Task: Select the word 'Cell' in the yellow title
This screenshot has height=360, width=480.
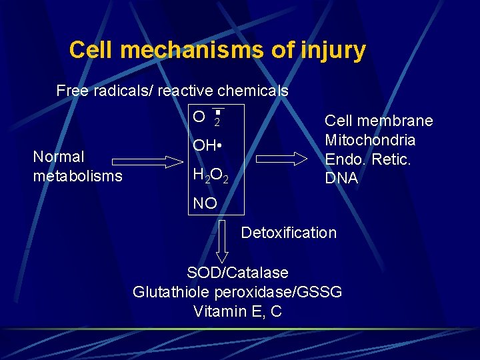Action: click(90, 50)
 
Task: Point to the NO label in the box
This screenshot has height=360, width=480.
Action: click(205, 203)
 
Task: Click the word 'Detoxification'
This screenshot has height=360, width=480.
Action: click(289, 233)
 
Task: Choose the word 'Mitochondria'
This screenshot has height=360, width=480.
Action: click(370, 140)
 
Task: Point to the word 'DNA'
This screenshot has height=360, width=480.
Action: click(341, 179)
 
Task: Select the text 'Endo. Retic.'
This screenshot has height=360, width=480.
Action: click(367, 159)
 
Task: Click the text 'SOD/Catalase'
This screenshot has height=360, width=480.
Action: click(237, 273)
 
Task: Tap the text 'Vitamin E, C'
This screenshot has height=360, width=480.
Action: click(237, 311)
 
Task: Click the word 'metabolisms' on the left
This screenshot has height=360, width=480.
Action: click(77, 176)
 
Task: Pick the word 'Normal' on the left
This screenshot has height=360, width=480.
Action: click(59, 157)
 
